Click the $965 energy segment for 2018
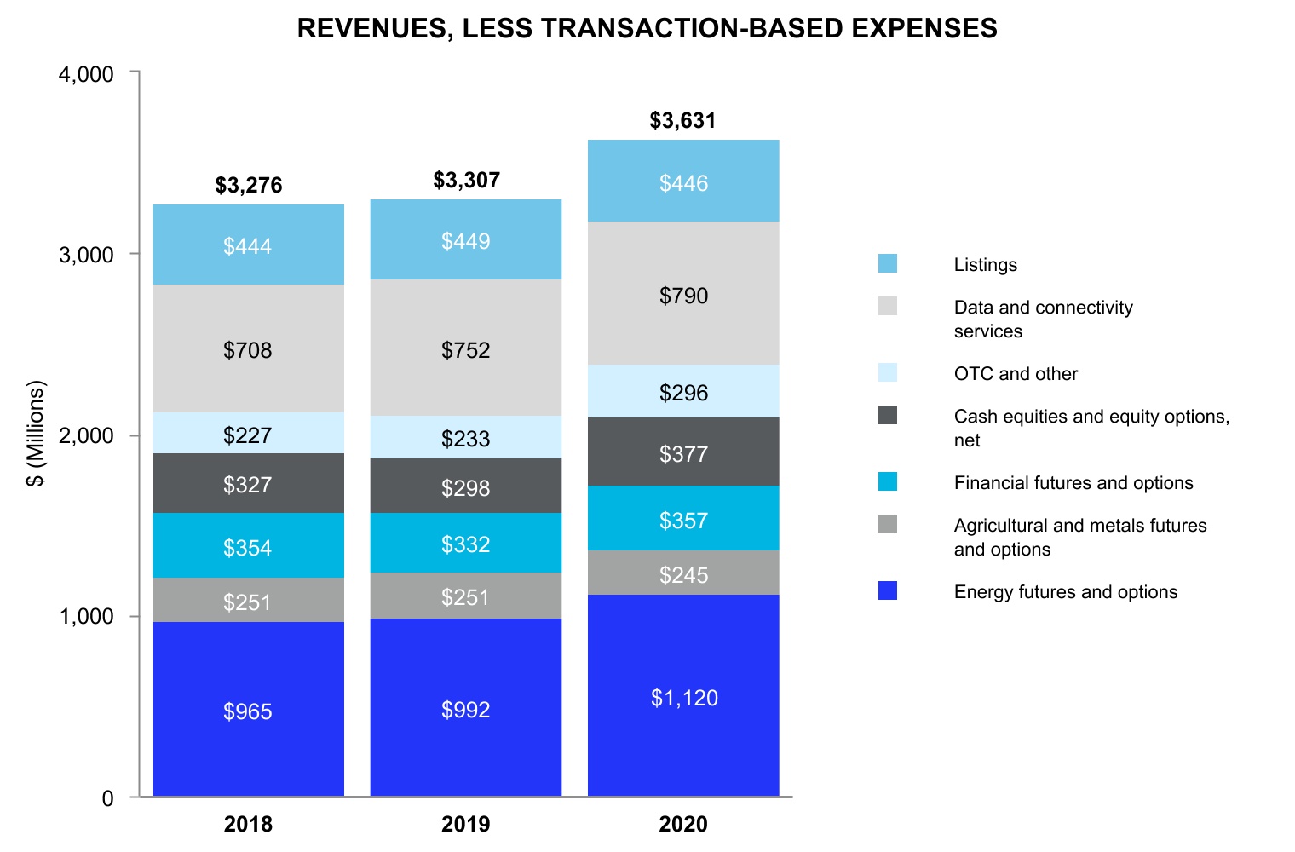(x=248, y=711)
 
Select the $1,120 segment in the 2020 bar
(x=684, y=698)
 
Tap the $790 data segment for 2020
(x=684, y=296)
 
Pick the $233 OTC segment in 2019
(x=465, y=439)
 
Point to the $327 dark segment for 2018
(x=248, y=485)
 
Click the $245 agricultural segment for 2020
(x=684, y=575)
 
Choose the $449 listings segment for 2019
(x=465, y=241)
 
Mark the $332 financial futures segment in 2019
(x=465, y=544)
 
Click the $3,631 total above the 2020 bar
(x=682, y=120)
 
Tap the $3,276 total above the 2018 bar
(x=249, y=185)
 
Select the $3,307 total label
(x=466, y=180)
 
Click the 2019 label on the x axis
(x=465, y=824)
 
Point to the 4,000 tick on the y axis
(x=86, y=74)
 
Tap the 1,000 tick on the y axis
(x=86, y=616)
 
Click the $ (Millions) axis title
(x=35, y=434)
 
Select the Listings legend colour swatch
(x=888, y=263)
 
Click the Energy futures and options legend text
(x=1065, y=592)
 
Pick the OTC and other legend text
(x=1016, y=374)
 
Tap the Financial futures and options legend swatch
(x=888, y=481)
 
